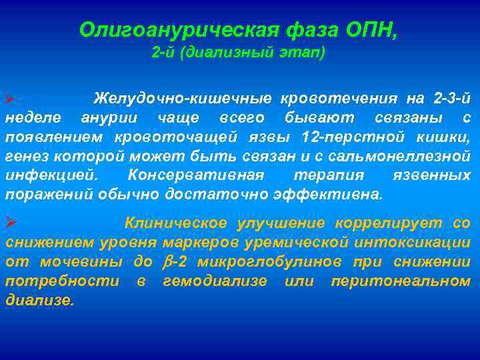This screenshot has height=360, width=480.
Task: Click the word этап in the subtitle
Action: point(306,53)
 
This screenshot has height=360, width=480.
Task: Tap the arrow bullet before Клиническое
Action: point(10,223)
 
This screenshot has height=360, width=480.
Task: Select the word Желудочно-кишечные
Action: point(182,99)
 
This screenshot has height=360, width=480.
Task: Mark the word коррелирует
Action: point(397,223)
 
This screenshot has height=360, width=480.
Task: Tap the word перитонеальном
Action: point(400,281)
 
